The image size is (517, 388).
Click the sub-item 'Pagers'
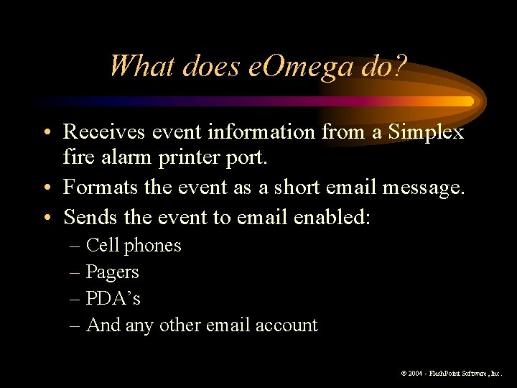point(112,272)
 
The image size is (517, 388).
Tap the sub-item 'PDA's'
point(113,298)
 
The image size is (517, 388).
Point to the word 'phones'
point(153,246)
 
